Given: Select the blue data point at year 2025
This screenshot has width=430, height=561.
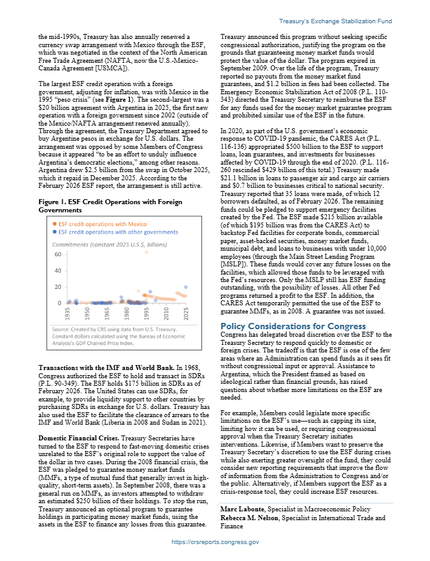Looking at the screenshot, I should (x=186, y=286).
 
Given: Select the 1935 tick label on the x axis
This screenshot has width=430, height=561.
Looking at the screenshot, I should (x=67, y=313).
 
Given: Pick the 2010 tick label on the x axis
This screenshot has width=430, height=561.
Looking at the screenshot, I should (x=166, y=313).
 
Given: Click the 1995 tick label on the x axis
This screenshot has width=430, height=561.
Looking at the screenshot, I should (x=146, y=313).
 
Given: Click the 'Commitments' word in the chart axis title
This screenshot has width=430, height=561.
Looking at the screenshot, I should (x=70, y=244).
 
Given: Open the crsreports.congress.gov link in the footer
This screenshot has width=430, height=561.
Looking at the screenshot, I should (x=215, y=542).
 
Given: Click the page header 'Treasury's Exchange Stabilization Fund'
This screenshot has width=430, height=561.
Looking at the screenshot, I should (x=335, y=21).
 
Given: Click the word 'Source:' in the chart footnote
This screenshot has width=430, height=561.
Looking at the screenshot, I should (x=62, y=329).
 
